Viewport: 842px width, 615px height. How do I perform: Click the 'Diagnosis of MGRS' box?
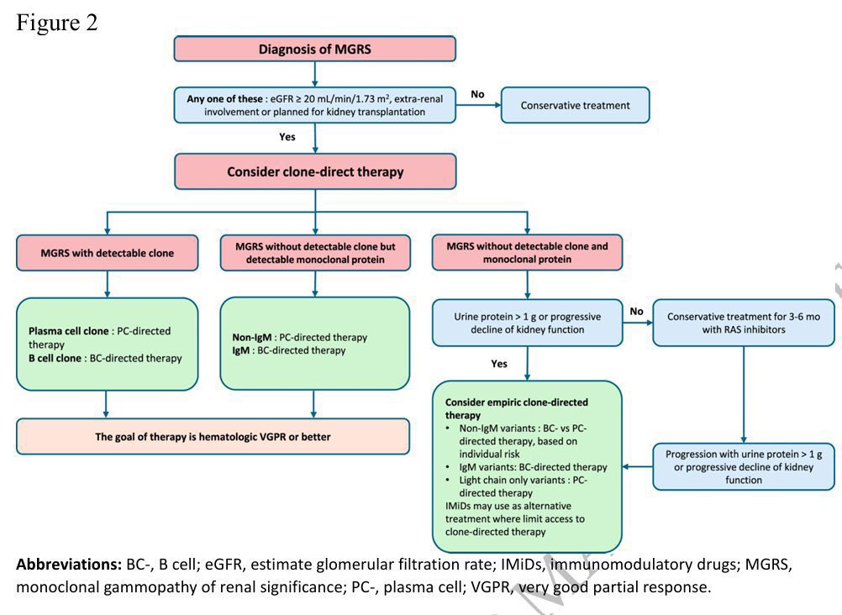(x=314, y=49)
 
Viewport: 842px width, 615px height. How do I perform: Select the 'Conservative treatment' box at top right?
(x=575, y=105)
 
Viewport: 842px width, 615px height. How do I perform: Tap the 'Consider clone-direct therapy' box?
(x=314, y=171)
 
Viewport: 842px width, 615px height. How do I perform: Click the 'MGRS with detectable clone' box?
(x=107, y=253)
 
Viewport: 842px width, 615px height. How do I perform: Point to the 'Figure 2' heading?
(x=57, y=23)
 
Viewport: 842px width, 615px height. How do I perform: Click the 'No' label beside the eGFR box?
(x=477, y=94)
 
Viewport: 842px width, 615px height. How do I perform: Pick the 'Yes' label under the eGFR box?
(x=287, y=136)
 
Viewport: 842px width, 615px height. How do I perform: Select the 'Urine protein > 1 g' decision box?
(x=527, y=323)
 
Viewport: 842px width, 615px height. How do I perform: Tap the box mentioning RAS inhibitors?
(x=744, y=323)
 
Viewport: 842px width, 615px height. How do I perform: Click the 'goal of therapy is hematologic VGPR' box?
(x=213, y=436)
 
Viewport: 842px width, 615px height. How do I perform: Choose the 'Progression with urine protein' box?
(x=744, y=465)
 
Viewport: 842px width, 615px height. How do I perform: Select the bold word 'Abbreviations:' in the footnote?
(x=69, y=565)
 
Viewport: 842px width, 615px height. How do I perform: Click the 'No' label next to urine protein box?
(x=636, y=312)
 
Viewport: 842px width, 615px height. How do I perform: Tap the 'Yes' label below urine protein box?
(x=500, y=364)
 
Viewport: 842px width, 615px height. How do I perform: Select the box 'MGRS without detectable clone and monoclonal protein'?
(x=527, y=253)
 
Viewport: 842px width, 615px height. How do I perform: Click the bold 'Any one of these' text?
(x=225, y=99)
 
